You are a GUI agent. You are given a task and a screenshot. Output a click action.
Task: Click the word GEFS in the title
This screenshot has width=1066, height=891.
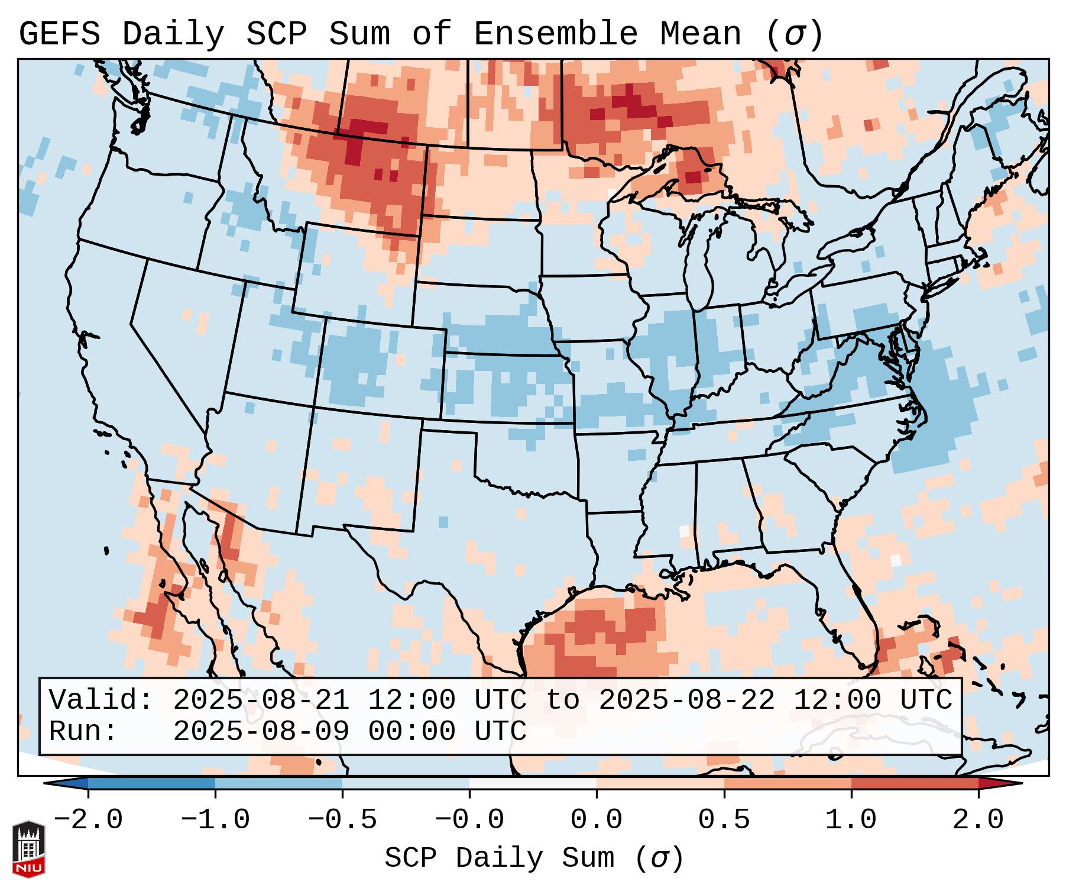click(x=59, y=34)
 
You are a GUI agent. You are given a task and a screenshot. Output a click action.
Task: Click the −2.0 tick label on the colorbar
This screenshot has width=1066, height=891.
click(x=88, y=820)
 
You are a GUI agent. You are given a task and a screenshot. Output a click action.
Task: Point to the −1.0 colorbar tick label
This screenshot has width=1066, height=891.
click(x=215, y=820)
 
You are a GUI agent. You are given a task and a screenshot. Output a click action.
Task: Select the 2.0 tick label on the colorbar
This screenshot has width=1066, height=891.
click(x=978, y=820)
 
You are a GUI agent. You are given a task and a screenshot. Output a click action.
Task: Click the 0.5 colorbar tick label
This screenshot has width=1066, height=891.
click(x=724, y=820)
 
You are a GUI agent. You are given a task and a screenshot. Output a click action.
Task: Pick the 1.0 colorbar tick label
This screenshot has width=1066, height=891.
click(x=851, y=820)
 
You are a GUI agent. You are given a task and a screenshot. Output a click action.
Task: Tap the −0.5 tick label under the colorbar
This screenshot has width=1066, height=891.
click(x=342, y=820)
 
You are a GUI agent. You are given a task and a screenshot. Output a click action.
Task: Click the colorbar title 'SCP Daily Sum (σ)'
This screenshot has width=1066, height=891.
click(x=534, y=858)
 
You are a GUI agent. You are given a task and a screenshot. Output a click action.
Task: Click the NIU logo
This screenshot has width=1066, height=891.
click(x=28, y=848)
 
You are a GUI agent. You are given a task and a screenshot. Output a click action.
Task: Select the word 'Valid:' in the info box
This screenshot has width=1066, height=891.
click(x=101, y=700)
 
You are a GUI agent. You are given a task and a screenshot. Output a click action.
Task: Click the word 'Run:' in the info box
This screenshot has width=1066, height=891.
click(x=83, y=732)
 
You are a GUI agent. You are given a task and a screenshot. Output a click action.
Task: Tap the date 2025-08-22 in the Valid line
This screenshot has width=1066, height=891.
click(x=686, y=700)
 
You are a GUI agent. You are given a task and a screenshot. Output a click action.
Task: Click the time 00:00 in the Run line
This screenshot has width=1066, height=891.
click(x=412, y=732)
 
